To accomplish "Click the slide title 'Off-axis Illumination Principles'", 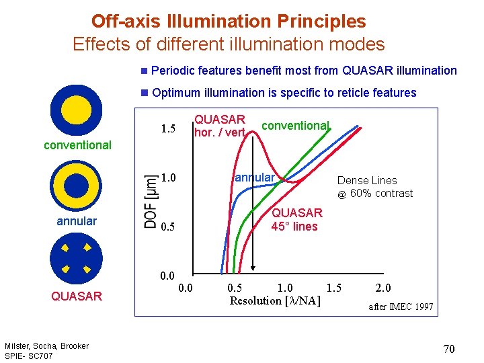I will point(229,21).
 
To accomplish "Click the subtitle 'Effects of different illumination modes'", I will point(229,44).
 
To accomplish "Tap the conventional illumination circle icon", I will point(77,110).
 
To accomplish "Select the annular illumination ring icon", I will point(77,186).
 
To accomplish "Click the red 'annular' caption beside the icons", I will point(77,221).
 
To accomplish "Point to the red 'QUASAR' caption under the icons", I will point(77,296).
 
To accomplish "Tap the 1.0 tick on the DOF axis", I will point(168,178).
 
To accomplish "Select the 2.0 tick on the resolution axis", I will point(383,288).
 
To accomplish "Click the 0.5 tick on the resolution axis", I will point(235,288).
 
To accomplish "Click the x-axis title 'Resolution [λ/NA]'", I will point(275,301).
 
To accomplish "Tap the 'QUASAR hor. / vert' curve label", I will point(220,126).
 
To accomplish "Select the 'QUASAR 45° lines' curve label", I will point(296,220).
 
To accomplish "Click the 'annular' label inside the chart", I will point(254,177).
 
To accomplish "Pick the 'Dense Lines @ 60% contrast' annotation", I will point(374,187).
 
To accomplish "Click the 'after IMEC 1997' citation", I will point(401,307).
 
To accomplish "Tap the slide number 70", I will point(449,348).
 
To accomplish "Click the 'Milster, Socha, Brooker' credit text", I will point(46,346).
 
